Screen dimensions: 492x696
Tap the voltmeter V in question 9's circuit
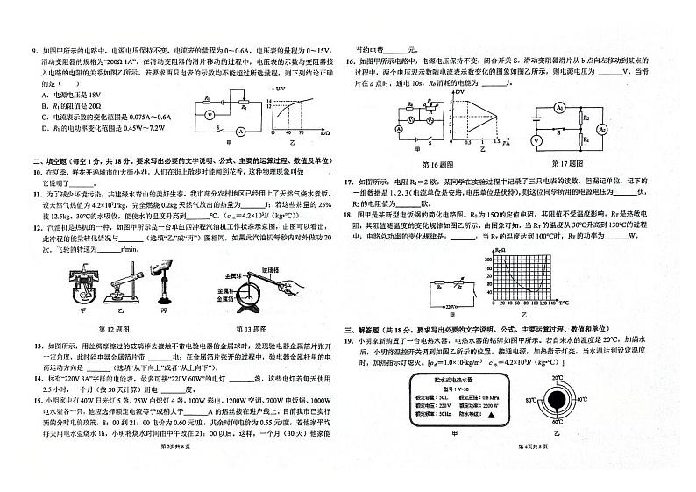pyautogui.click(x=197, y=115)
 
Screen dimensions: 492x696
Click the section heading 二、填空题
pyautogui.click(x=53, y=160)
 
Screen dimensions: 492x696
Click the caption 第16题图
pyautogui.click(x=436, y=164)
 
